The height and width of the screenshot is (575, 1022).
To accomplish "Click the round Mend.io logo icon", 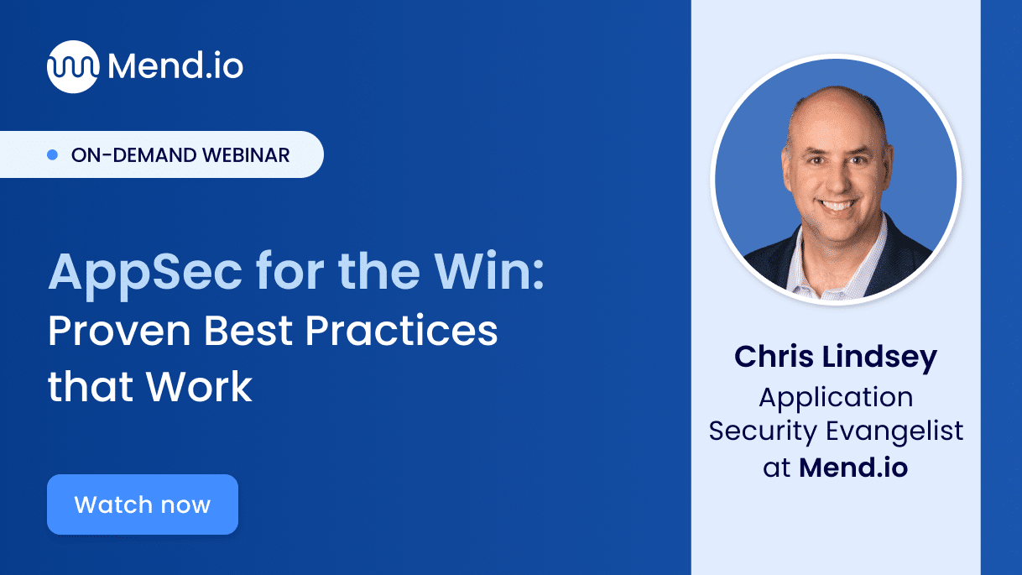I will tap(73, 66).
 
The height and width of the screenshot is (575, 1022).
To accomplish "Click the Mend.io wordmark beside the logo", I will tap(175, 66).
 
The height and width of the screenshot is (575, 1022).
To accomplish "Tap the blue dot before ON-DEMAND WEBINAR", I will tap(52, 154).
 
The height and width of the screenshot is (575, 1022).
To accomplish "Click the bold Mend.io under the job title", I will tap(853, 467).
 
